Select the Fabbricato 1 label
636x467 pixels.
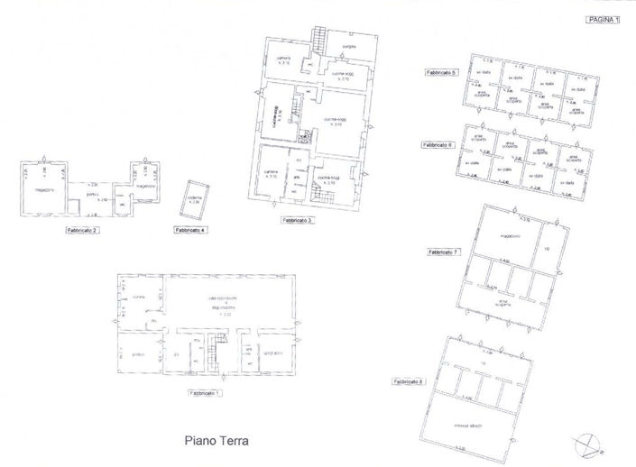[x=207, y=393]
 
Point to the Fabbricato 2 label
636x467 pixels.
[x=82, y=231]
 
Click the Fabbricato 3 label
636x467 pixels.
[x=297, y=220]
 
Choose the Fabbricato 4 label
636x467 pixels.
[x=190, y=231]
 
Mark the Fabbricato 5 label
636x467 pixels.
[x=443, y=71]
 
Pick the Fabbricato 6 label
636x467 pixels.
[x=438, y=144]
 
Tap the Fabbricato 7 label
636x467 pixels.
[x=444, y=252]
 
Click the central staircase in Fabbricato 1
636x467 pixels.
[x=217, y=348]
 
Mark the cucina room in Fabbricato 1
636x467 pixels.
[x=138, y=298]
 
